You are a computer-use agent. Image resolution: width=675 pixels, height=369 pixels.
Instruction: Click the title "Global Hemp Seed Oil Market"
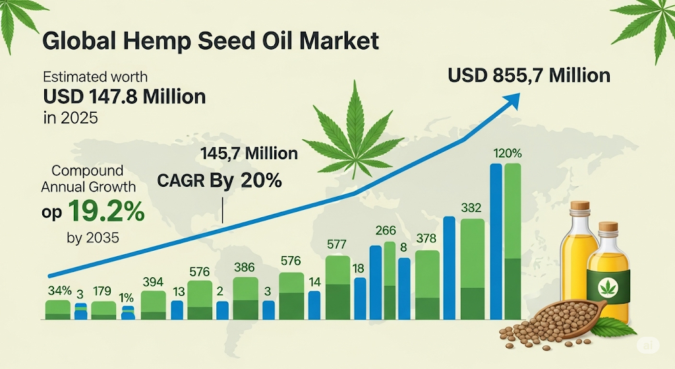pos(210,41)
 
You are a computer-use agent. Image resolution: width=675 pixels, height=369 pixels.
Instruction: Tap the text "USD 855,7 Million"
pos(529,75)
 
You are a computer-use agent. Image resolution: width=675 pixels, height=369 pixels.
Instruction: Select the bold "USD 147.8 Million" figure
pos(125,97)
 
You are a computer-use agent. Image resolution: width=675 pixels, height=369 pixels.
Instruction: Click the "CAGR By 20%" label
pos(220,181)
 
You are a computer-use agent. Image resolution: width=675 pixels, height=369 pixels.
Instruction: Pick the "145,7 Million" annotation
pos(249,154)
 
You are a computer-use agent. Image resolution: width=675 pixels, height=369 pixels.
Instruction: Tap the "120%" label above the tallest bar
pos(507,154)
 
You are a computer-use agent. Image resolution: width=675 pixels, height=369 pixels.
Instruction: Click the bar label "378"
pos(426,238)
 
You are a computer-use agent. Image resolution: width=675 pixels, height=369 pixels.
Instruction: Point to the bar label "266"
pos(385,230)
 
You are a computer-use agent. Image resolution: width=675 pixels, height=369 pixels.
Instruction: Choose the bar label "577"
pos(336,244)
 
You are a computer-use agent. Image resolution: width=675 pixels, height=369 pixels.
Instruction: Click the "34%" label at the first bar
pos(57,290)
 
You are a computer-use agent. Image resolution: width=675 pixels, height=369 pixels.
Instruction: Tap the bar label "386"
pos(245,267)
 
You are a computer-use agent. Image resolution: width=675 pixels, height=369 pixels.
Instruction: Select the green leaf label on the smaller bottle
pos(607,286)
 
